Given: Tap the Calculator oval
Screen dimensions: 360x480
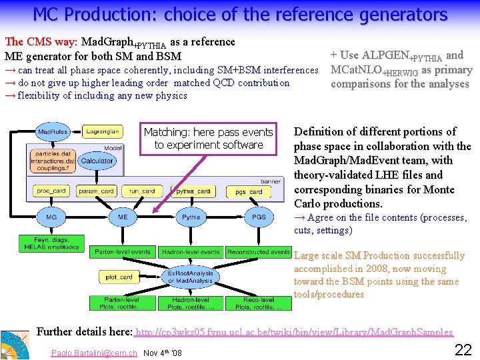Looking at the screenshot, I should coord(97,161).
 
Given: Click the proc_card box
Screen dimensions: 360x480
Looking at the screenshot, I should coord(51,191).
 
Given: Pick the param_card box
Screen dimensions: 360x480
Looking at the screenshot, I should coord(96,191).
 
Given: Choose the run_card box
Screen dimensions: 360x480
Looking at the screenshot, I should coord(142,191).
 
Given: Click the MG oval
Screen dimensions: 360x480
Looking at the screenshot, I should coord(51,217).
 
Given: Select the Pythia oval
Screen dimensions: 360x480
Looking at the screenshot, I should coord(191,217).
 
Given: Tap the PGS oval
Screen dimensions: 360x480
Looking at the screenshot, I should coord(259,217).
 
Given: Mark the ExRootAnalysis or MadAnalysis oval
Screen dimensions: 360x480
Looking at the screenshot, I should coord(190,277).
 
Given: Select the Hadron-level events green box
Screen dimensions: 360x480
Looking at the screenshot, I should coord(191,252).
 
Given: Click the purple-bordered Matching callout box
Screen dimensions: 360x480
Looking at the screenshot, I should coord(209,139).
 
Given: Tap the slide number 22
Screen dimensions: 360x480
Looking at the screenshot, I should coord(463,349).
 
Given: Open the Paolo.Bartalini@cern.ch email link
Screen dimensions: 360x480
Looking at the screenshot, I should coord(93,352).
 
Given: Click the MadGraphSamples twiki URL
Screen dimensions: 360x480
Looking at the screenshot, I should coord(293,332).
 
